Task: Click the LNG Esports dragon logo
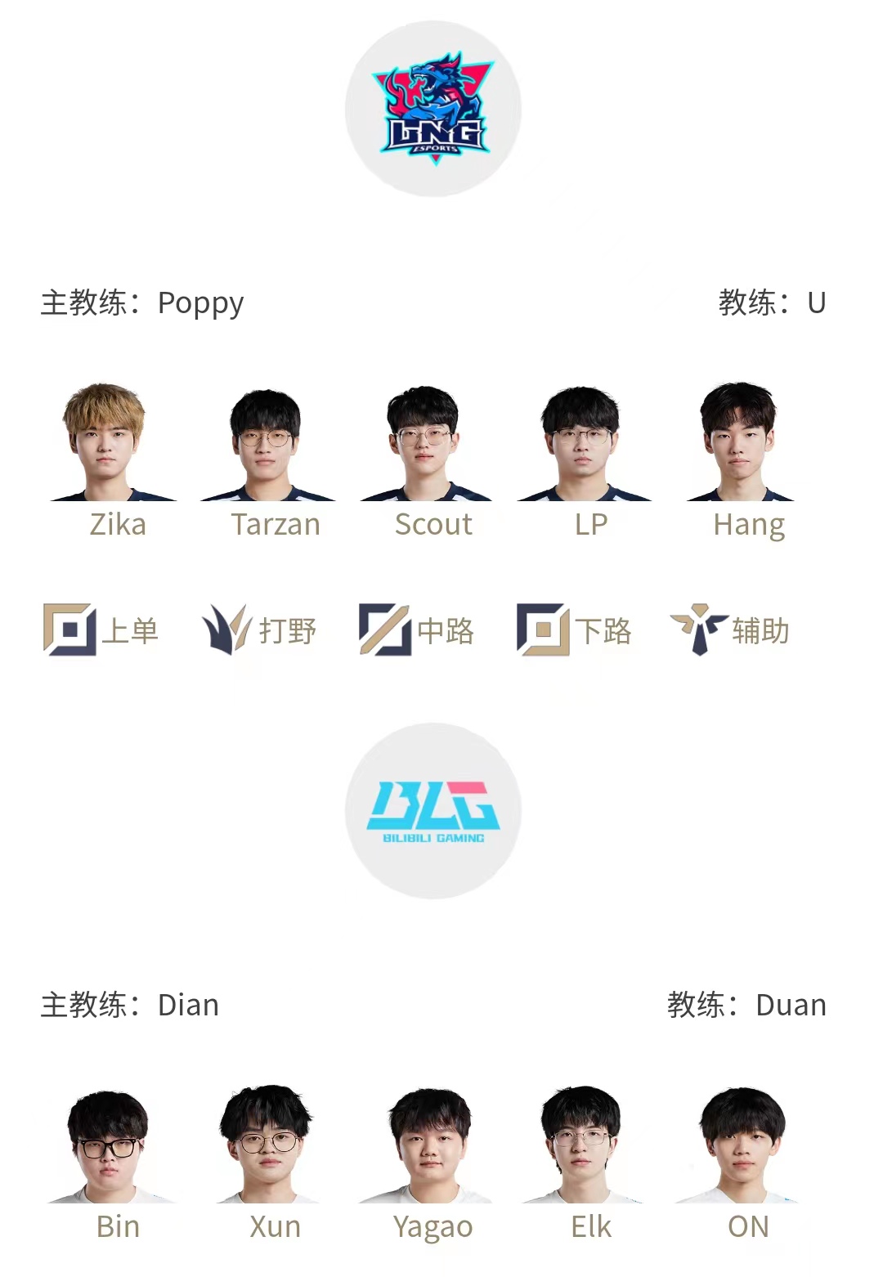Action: (x=433, y=108)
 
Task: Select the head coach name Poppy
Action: (x=200, y=303)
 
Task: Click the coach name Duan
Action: (x=791, y=1005)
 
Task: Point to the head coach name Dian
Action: (x=188, y=1005)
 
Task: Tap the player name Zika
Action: (x=118, y=525)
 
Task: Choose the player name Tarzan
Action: (x=276, y=525)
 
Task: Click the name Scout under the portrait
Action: (x=433, y=525)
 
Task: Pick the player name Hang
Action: (x=749, y=526)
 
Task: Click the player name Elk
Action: (x=591, y=1227)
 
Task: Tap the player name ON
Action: (x=748, y=1227)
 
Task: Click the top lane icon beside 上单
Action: (x=69, y=630)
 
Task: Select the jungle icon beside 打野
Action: (x=226, y=630)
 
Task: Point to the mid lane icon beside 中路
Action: (x=385, y=630)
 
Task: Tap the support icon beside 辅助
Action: (x=699, y=630)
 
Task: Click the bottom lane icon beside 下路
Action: (x=543, y=630)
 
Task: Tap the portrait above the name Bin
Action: (x=108, y=1146)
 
